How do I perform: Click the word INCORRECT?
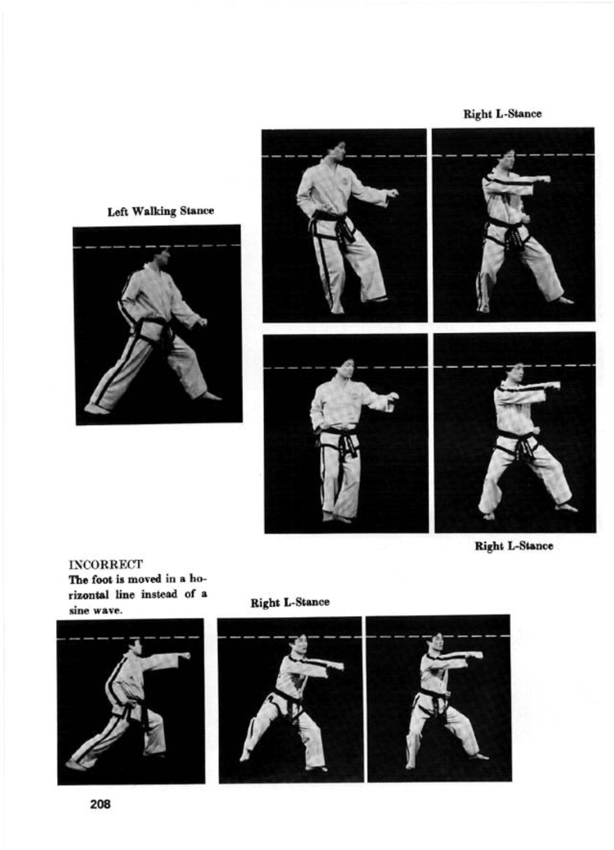tap(105, 564)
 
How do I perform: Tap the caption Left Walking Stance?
tap(160, 211)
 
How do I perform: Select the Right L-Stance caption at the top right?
tap(503, 114)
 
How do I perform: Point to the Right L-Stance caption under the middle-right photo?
tap(514, 546)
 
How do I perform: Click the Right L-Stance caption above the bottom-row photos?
tap(290, 602)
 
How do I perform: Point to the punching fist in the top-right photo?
tap(543, 178)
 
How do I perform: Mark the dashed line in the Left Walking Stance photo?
tap(156, 247)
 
